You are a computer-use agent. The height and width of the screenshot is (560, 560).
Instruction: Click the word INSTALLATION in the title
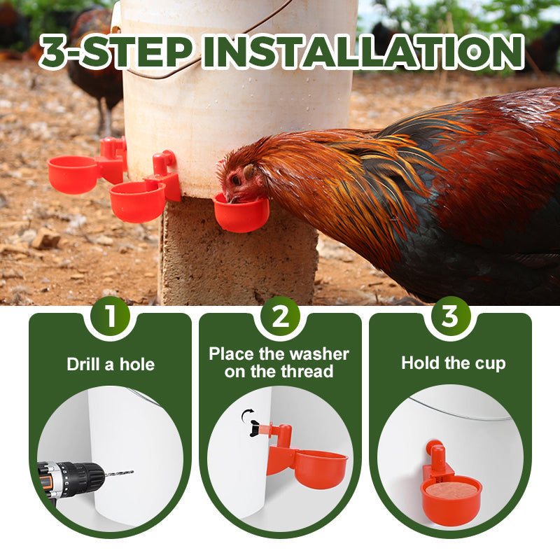click(x=363, y=52)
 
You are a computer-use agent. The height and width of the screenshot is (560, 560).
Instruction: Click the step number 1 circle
click(x=111, y=316)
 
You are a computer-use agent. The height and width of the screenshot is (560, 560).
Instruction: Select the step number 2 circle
click(x=281, y=316)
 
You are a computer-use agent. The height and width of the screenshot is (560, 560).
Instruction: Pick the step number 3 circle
click(x=450, y=316)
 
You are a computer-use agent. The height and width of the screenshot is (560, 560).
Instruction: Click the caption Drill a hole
click(x=111, y=364)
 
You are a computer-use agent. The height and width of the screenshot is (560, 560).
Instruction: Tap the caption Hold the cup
click(x=453, y=363)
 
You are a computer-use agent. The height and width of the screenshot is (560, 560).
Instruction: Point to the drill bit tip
click(x=133, y=472)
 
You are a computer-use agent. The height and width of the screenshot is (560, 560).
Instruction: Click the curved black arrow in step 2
click(x=247, y=414)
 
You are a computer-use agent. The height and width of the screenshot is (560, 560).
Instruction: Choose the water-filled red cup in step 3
click(x=451, y=500)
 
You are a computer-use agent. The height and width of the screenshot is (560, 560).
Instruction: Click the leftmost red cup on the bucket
click(x=73, y=174)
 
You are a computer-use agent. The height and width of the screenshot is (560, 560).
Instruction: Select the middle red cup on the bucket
click(x=137, y=201)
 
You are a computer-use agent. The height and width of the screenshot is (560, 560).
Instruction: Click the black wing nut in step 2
click(x=255, y=428)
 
